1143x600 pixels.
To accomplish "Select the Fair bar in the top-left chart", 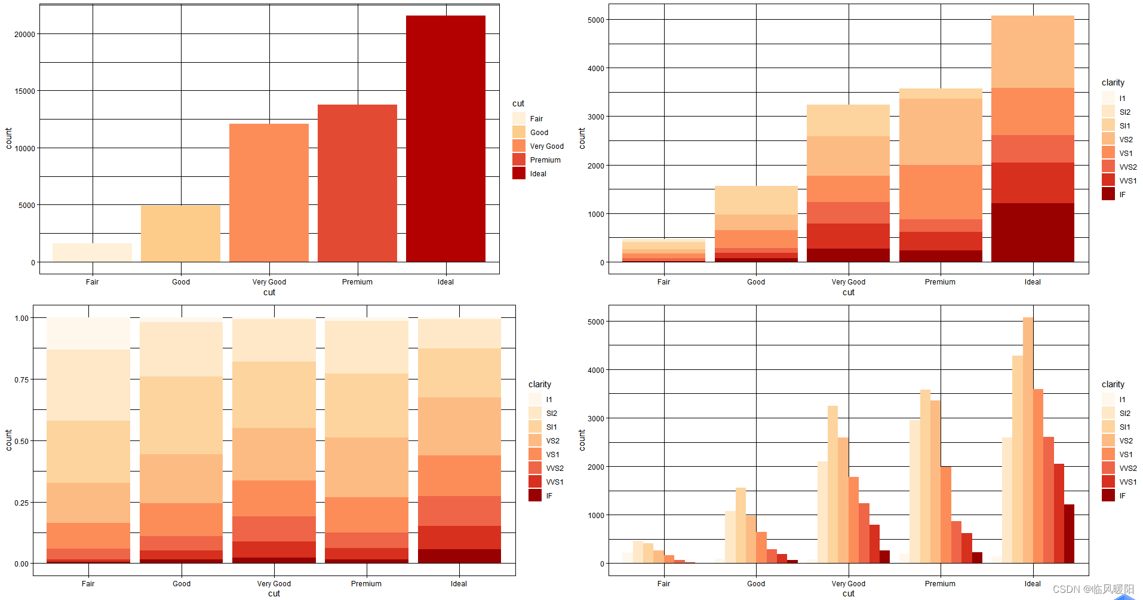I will [92, 252].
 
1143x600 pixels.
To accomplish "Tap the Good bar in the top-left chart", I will [180, 234].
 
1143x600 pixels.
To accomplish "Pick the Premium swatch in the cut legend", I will [518, 160].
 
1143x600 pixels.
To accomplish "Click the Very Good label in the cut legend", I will [546, 146].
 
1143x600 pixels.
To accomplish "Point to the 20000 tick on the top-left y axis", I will [24, 34].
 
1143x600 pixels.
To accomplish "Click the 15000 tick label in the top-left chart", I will [24, 91].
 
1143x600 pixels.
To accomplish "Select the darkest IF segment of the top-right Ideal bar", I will [1033, 232].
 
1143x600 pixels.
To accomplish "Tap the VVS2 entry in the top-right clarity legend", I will [1127, 167].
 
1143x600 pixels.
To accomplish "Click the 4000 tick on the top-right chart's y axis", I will [595, 68].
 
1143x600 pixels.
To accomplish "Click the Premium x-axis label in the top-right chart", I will [940, 282].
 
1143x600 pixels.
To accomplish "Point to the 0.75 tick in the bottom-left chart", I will [21, 379].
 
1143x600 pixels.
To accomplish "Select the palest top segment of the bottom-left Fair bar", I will [88, 333].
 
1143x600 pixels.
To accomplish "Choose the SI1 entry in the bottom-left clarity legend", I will [551, 427].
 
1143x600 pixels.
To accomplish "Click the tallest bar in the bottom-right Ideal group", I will [1028, 440].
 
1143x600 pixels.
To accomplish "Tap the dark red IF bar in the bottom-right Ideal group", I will [1069, 534].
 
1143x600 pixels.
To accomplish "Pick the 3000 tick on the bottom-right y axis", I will [595, 418].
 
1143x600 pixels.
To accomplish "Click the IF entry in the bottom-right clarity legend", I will [1122, 496].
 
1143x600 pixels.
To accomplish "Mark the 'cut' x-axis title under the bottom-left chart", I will [274, 593].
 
